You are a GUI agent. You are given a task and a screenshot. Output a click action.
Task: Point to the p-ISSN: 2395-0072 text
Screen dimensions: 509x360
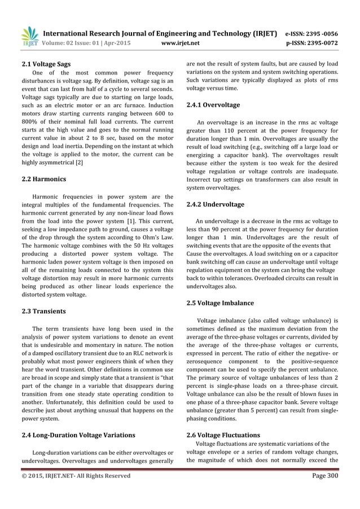pos(321,42)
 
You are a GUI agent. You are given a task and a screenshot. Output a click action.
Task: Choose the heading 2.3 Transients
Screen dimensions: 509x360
pos(39,311)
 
